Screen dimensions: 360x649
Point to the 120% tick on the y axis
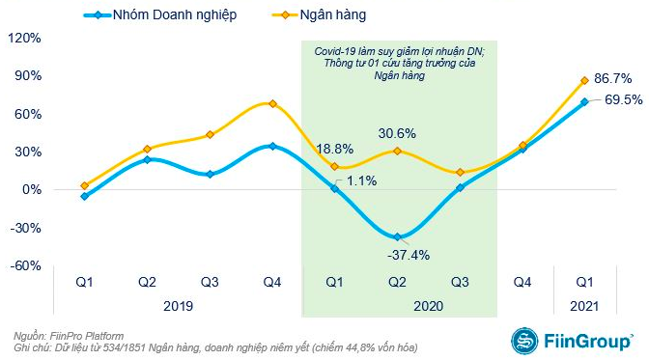(23, 39)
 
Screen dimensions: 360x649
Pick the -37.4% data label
(396, 255)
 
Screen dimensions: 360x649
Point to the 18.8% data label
(334, 149)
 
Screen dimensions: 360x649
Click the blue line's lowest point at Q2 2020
(396, 236)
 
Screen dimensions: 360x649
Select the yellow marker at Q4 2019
(272, 103)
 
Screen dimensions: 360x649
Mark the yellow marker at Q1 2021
(584, 80)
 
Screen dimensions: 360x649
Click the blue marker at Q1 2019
(85, 196)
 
